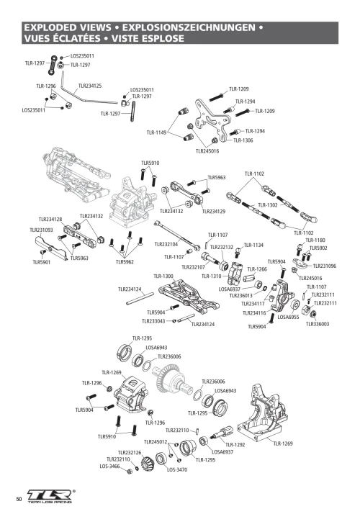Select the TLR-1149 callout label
pyautogui.click(x=156, y=132)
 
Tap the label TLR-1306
pyautogui.click(x=243, y=140)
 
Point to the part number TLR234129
pyautogui.click(x=214, y=212)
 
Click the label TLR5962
pyautogui.click(x=125, y=262)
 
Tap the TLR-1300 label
pyautogui.click(x=163, y=276)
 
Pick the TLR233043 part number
pyautogui.click(x=155, y=321)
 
